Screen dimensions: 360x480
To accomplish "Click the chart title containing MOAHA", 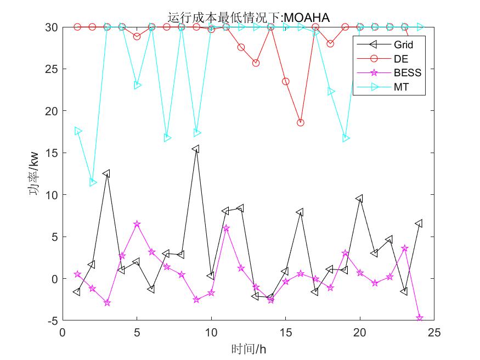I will [x=249, y=18].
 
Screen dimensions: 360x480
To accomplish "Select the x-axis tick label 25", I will [x=434, y=333].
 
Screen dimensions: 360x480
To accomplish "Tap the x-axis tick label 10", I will [x=211, y=333].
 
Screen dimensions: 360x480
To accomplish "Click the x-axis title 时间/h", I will [x=249, y=348].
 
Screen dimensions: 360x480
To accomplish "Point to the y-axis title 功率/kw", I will [x=33, y=173].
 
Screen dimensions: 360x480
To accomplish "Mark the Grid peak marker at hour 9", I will [x=196, y=149].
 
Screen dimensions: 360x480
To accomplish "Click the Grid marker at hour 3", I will [x=107, y=173].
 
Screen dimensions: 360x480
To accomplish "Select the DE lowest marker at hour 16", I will [x=300, y=123].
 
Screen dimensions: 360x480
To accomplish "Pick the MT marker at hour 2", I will [x=93, y=182].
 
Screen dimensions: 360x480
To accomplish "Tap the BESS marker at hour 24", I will [x=420, y=318].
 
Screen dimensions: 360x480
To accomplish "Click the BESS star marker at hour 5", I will [x=137, y=224].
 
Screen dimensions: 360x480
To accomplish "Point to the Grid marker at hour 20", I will [x=360, y=199].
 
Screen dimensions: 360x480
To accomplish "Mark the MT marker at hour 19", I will [x=345, y=138].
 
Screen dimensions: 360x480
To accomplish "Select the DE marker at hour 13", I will [x=256, y=63].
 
